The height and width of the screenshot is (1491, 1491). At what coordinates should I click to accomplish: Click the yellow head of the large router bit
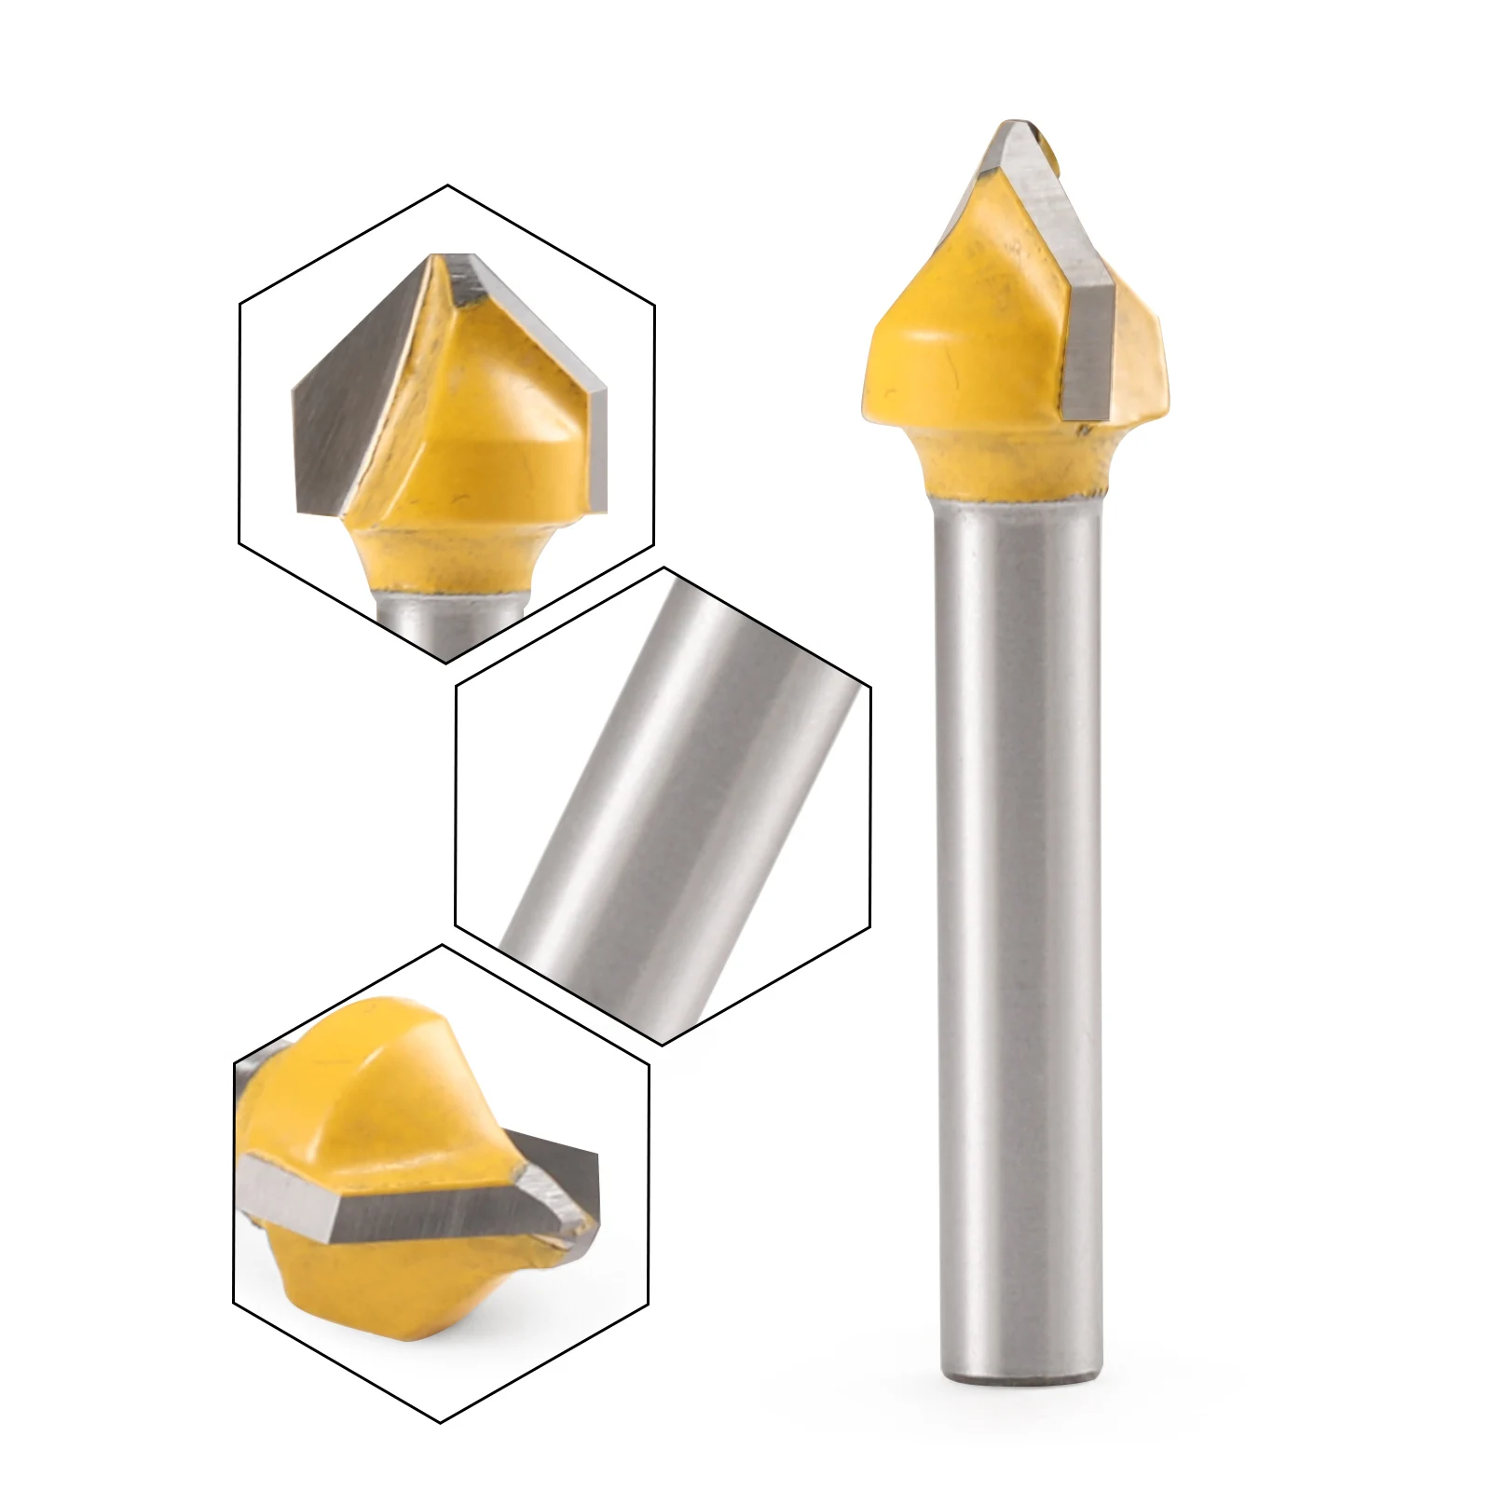tap(941, 345)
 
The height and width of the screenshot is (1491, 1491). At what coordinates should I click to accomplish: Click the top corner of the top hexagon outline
tap(447, 185)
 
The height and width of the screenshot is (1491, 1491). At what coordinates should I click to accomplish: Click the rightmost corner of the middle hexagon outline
tap(870, 688)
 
